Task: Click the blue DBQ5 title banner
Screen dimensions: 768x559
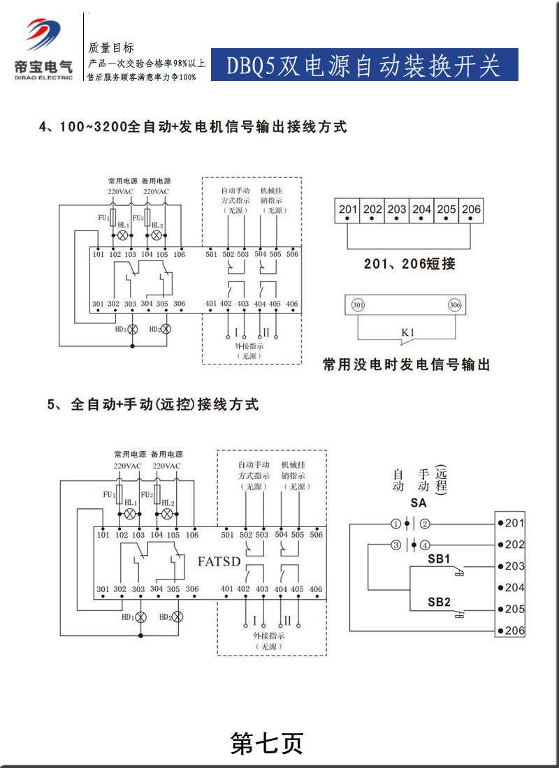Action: point(364,65)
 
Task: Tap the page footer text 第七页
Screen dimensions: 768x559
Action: point(267,744)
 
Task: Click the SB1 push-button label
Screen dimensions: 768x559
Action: point(439,559)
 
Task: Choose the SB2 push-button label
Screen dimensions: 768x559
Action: point(439,602)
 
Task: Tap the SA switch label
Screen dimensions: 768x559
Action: point(418,503)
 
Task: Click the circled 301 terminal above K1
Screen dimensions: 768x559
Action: point(358,305)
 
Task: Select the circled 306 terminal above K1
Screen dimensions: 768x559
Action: point(455,305)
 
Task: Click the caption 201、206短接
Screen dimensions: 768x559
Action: point(409,264)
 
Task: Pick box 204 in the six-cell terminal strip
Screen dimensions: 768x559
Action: point(421,209)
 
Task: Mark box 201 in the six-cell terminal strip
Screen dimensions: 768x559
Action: point(348,209)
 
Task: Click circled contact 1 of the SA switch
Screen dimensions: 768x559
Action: point(396,523)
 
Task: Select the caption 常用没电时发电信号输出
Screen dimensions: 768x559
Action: point(406,364)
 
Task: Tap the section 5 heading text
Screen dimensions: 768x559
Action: point(154,404)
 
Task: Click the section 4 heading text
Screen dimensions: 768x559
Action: point(193,127)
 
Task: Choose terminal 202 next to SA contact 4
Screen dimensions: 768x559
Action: point(514,545)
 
